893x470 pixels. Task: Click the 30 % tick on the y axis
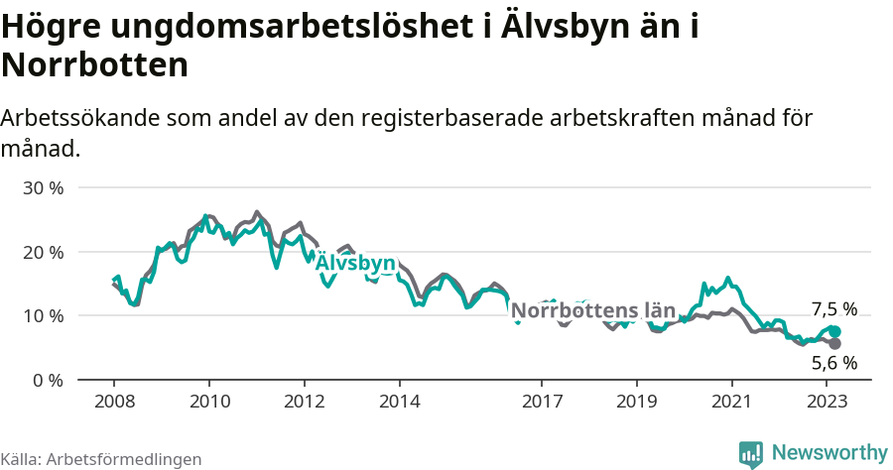44,187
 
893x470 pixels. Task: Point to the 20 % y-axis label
44,252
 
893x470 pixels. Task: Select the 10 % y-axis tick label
44,315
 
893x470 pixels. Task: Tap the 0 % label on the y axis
49,380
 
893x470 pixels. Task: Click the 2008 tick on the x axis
114,402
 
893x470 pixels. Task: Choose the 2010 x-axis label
209,402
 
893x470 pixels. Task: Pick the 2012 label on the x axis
305,402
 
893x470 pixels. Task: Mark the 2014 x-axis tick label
399,402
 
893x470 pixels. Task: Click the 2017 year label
542,402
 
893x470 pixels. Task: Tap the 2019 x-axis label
636,402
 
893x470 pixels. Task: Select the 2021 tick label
731,402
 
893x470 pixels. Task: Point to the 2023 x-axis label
827,402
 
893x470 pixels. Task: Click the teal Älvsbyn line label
355,264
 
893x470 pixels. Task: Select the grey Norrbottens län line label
592,310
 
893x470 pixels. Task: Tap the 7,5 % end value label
833,309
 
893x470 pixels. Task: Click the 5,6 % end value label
833,363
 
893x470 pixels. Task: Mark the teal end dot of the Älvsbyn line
834,332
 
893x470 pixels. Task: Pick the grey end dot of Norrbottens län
834,344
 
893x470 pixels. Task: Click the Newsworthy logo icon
751,454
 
